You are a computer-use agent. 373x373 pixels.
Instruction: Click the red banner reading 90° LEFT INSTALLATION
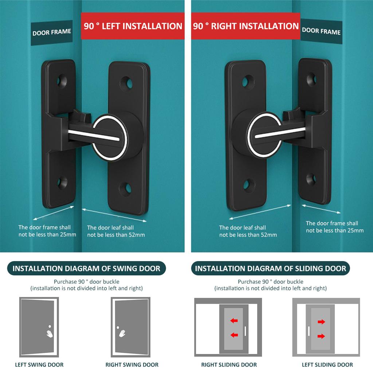click(x=133, y=26)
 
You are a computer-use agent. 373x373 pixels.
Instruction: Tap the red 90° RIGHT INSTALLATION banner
click(x=246, y=26)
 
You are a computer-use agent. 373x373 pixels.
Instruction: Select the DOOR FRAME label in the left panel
click(x=51, y=32)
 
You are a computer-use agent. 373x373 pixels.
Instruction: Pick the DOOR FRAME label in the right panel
click(x=321, y=31)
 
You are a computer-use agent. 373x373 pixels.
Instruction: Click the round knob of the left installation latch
click(x=109, y=137)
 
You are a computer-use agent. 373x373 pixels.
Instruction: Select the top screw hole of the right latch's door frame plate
click(x=311, y=78)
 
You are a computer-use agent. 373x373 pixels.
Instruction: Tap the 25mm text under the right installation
click(x=335, y=231)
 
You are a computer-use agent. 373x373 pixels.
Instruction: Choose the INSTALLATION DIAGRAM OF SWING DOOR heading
click(x=86, y=268)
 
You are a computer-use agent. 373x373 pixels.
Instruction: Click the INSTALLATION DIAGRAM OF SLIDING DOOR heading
click(x=270, y=268)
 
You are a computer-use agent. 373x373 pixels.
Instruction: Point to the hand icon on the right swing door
click(x=122, y=333)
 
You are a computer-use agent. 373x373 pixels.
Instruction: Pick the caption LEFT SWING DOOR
click(x=39, y=365)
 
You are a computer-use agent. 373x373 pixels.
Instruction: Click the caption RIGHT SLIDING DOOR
click(x=229, y=365)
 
